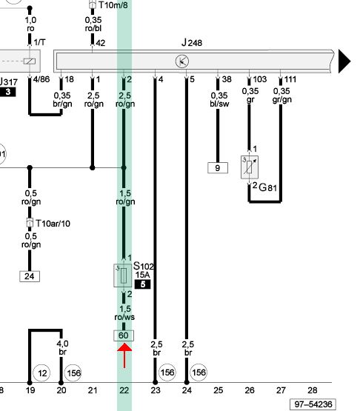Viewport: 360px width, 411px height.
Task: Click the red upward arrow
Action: [124, 355]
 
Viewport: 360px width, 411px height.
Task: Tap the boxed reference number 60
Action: [124, 335]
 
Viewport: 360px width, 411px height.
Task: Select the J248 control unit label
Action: [192, 42]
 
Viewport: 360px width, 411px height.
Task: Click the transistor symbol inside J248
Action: [182, 61]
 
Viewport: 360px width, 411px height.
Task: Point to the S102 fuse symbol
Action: [123, 275]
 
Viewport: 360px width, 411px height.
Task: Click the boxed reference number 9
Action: [218, 168]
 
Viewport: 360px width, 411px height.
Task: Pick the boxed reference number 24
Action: [30, 276]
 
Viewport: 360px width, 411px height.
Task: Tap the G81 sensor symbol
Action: [250, 167]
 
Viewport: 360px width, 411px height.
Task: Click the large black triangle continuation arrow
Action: [344, 61]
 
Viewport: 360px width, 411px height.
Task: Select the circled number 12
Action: [42, 372]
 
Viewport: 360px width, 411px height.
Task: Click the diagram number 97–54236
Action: [313, 404]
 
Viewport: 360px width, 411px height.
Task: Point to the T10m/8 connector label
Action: [113, 4]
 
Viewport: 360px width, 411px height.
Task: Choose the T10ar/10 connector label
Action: [53, 224]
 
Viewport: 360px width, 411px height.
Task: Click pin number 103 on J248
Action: [259, 79]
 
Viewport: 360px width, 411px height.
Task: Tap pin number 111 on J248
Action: [290, 79]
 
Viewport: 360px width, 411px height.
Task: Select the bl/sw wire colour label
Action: [219, 104]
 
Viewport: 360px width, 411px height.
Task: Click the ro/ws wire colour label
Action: [124, 317]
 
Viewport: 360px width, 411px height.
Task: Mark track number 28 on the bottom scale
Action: [313, 390]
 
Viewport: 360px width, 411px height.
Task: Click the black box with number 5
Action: [143, 284]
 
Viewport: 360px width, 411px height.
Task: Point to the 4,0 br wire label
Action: [62, 347]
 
